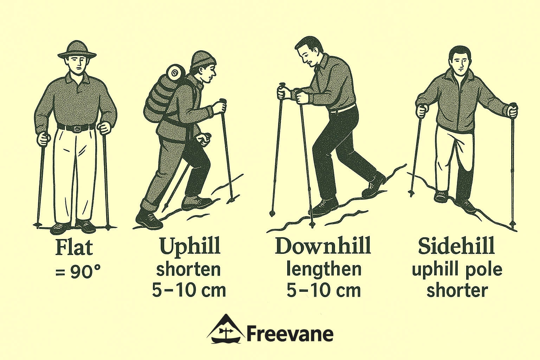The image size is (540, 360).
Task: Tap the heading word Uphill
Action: pyautogui.click(x=190, y=246)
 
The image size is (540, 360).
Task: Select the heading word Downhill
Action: pyautogui.click(x=323, y=246)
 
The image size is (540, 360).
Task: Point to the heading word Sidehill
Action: pyautogui.click(x=456, y=246)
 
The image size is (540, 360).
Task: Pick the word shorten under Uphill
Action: pyautogui.click(x=188, y=270)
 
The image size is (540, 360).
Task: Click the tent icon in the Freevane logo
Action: pyautogui.click(x=225, y=329)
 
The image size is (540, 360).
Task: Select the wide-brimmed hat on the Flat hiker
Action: pyautogui.click(x=77, y=49)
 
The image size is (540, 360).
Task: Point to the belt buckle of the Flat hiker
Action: pyautogui.click(x=75, y=128)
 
